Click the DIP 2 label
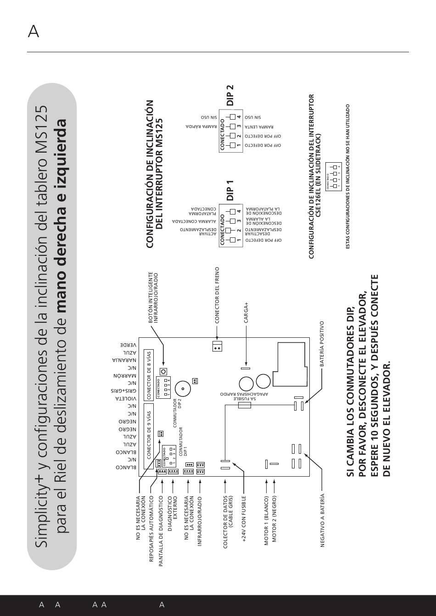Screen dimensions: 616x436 [230, 95]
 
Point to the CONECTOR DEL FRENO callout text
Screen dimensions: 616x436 [217, 296]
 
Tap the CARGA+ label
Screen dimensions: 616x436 [246, 313]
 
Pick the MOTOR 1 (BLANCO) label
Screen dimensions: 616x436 [266, 520]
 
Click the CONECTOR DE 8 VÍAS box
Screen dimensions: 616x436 [149, 375]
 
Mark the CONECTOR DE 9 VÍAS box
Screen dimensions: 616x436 [149, 435]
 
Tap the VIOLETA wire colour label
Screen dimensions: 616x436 [124, 398]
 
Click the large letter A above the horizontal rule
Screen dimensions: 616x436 [33, 32]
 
